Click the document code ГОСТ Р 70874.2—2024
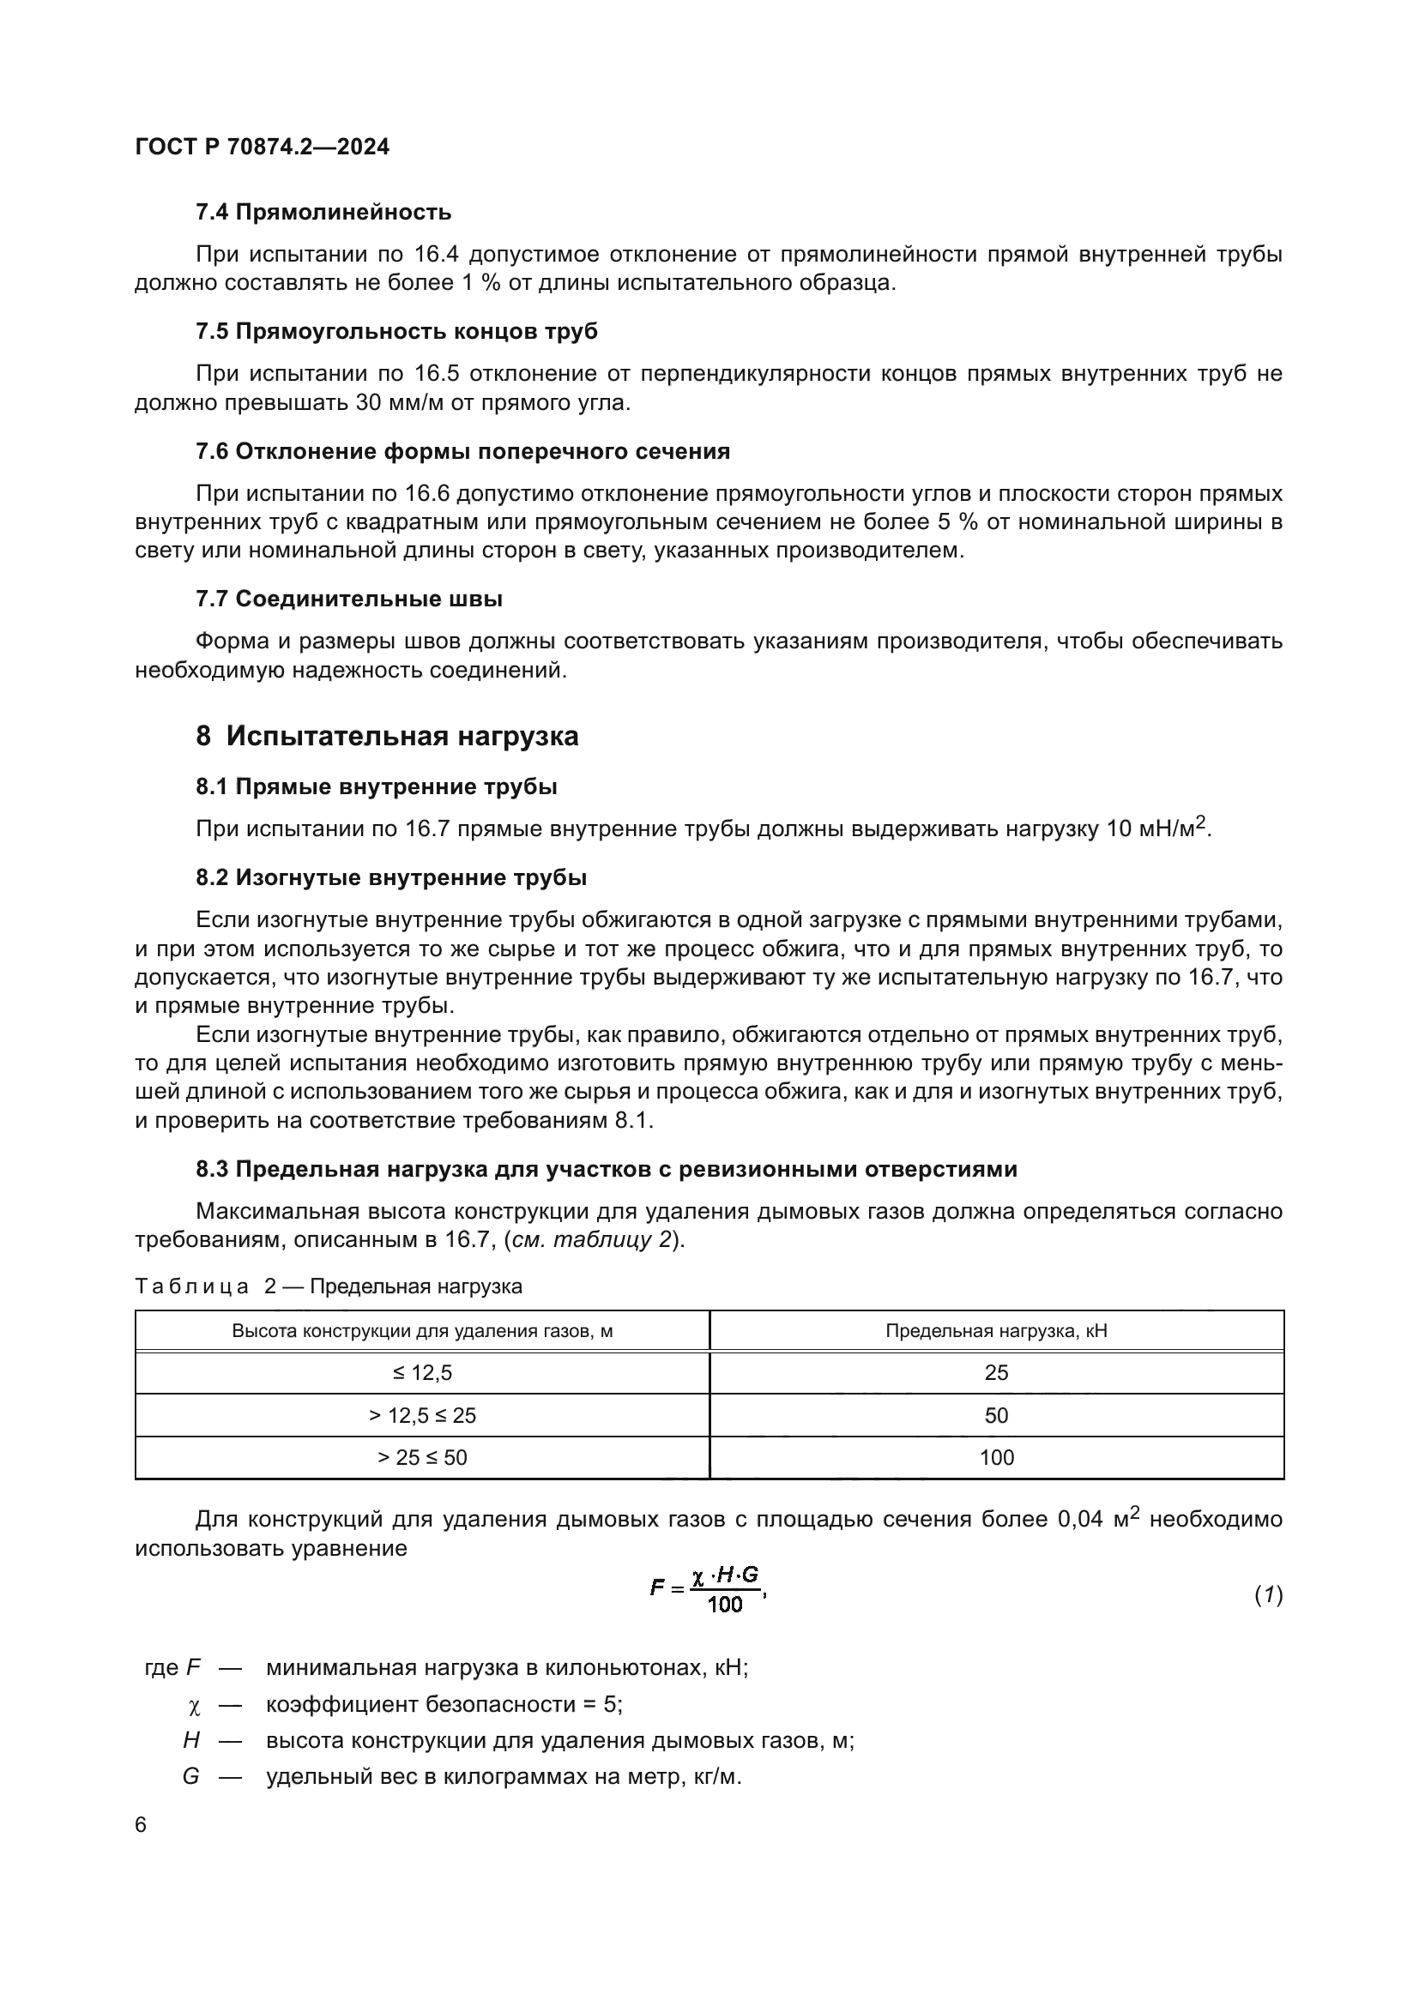pyautogui.click(x=263, y=147)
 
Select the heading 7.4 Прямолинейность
pyautogui.click(x=323, y=213)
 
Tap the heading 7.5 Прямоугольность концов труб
pyautogui.click(x=396, y=332)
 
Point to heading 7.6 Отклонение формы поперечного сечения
pyautogui.click(x=462, y=452)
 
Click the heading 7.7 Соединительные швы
pyautogui.click(x=348, y=599)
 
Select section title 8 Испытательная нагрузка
pyautogui.click(x=387, y=737)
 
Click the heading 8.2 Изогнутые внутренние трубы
pyautogui.click(x=390, y=878)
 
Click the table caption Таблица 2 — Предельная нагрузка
pyautogui.click(x=329, y=1286)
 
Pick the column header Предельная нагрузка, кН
pyautogui.click(x=996, y=1331)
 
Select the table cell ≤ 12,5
pyautogui.click(x=422, y=1372)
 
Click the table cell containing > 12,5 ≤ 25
pyautogui.click(x=422, y=1414)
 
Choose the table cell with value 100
pyautogui.click(x=996, y=1457)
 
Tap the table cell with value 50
pyautogui.click(x=996, y=1414)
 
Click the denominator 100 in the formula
pyautogui.click(x=724, y=1604)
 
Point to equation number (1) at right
pyautogui.click(x=1268, y=1595)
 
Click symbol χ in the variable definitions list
pyautogui.click(x=194, y=1706)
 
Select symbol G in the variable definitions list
pyautogui.click(x=190, y=1777)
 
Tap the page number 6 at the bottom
pyautogui.click(x=141, y=1825)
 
